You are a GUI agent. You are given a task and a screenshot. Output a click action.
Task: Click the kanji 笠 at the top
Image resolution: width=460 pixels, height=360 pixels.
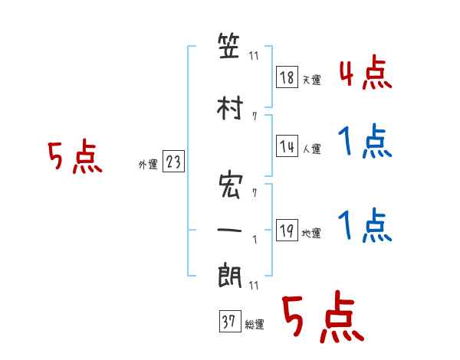(228, 46)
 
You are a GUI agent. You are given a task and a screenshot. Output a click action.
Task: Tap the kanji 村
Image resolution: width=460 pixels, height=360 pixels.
(230, 108)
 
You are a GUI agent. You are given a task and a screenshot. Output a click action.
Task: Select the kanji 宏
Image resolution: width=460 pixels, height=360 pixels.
(231, 186)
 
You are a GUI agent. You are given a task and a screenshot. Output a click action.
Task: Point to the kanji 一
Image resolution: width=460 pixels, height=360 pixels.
(229, 230)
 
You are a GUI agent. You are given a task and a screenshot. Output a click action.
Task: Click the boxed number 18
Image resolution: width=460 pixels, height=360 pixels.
(287, 77)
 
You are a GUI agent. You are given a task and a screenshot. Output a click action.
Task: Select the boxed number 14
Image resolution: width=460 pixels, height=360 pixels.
(287, 146)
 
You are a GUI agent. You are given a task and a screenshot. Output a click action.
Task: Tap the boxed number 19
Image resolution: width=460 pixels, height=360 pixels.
(287, 230)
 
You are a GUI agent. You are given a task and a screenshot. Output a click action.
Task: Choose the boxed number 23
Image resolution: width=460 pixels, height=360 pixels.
(173, 161)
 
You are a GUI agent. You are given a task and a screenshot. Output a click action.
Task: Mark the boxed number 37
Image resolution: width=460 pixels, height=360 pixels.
(230, 321)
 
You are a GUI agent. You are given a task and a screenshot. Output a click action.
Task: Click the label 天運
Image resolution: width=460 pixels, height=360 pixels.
(311, 80)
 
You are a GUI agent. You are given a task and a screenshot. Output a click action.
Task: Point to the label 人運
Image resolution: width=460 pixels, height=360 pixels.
(311, 149)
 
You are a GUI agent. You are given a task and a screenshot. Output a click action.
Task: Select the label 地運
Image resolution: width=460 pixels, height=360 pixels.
(311, 234)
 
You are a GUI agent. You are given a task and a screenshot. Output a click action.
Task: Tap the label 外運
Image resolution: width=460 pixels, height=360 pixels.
(148, 165)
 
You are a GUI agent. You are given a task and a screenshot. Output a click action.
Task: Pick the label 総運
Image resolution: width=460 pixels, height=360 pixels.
(255, 325)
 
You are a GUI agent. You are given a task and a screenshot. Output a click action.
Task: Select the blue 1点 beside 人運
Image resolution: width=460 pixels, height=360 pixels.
(365, 141)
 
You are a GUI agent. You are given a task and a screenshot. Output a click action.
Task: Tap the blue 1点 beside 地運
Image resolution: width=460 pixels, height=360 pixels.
(365, 225)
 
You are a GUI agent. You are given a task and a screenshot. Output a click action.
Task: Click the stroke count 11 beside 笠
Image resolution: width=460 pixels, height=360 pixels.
(254, 56)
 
